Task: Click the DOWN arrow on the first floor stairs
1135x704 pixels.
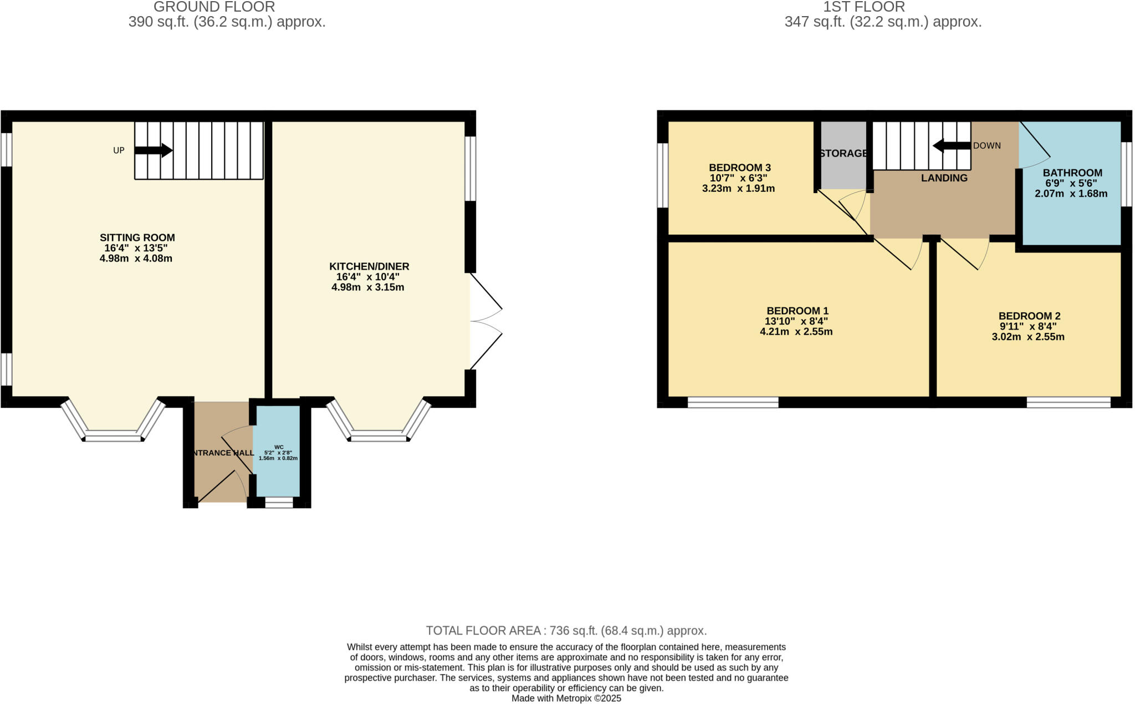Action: coord(952,146)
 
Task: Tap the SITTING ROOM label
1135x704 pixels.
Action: coord(137,237)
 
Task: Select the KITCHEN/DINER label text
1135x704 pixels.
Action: coord(369,266)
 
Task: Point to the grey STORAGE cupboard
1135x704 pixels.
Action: coord(843,155)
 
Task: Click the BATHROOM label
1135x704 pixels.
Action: coord(1072,173)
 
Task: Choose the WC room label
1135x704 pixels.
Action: coord(279,447)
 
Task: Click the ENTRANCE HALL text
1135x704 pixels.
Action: coord(222,453)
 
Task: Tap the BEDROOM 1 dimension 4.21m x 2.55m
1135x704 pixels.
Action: coord(796,332)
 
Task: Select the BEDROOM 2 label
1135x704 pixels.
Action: coord(1029,316)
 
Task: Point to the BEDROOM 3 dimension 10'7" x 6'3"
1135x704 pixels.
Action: coord(738,178)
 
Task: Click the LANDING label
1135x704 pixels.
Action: coord(944,178)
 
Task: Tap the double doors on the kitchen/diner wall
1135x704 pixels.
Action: coord(485,321)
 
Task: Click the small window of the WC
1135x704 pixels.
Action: coord(279,503)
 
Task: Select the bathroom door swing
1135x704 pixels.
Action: coord(1034,148)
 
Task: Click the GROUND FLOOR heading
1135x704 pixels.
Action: coord(214,7)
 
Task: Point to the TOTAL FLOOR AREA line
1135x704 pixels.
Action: coord(566,631)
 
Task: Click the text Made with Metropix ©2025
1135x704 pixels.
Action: coord(566,698)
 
